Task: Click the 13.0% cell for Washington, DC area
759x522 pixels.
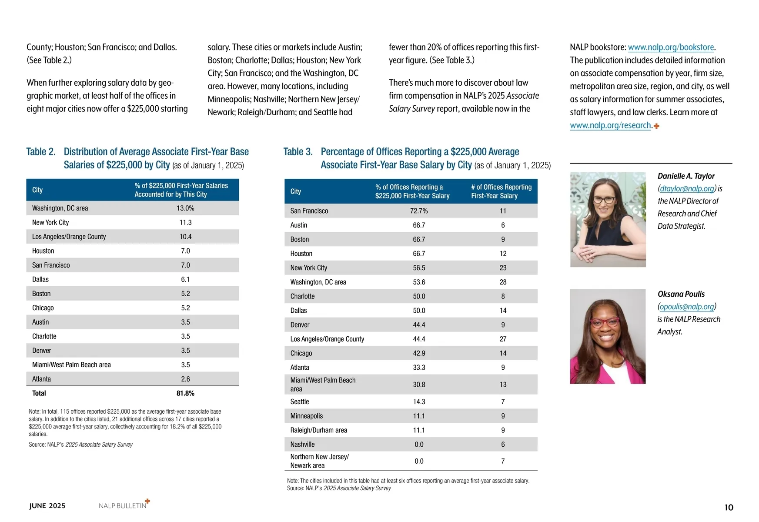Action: [x=185, y=208]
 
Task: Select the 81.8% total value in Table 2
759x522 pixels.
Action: [x=185, y=393]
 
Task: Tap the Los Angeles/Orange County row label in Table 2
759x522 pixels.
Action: [x=69, y=237]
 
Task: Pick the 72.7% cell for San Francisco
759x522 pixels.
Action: [x=419, y=211]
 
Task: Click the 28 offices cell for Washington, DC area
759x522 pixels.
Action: [x=503, y=282]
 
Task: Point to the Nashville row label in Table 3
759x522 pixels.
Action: [x=302, y=445]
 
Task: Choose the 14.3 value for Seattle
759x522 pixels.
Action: [x=419, y=402]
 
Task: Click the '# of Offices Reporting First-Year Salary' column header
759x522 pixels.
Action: [x=501, y=191]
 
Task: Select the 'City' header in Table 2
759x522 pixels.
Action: [x=37, y=190]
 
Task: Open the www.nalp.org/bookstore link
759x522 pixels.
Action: [x=671, y=47]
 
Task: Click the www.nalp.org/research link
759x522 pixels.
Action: [x=610, y=126]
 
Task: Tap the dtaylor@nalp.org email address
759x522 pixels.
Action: [x=687, y=189]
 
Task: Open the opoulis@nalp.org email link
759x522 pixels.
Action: [x=687, y=307]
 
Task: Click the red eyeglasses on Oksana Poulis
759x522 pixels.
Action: [x=605, y=322]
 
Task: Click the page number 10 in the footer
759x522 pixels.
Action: [x=729, y=507]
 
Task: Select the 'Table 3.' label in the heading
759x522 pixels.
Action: [x=298, y=152]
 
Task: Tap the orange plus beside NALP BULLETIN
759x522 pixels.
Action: [x=147, y=501]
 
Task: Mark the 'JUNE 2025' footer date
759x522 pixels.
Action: [x=47, y=506]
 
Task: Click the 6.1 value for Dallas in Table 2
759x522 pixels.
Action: [x=185, y=280]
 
